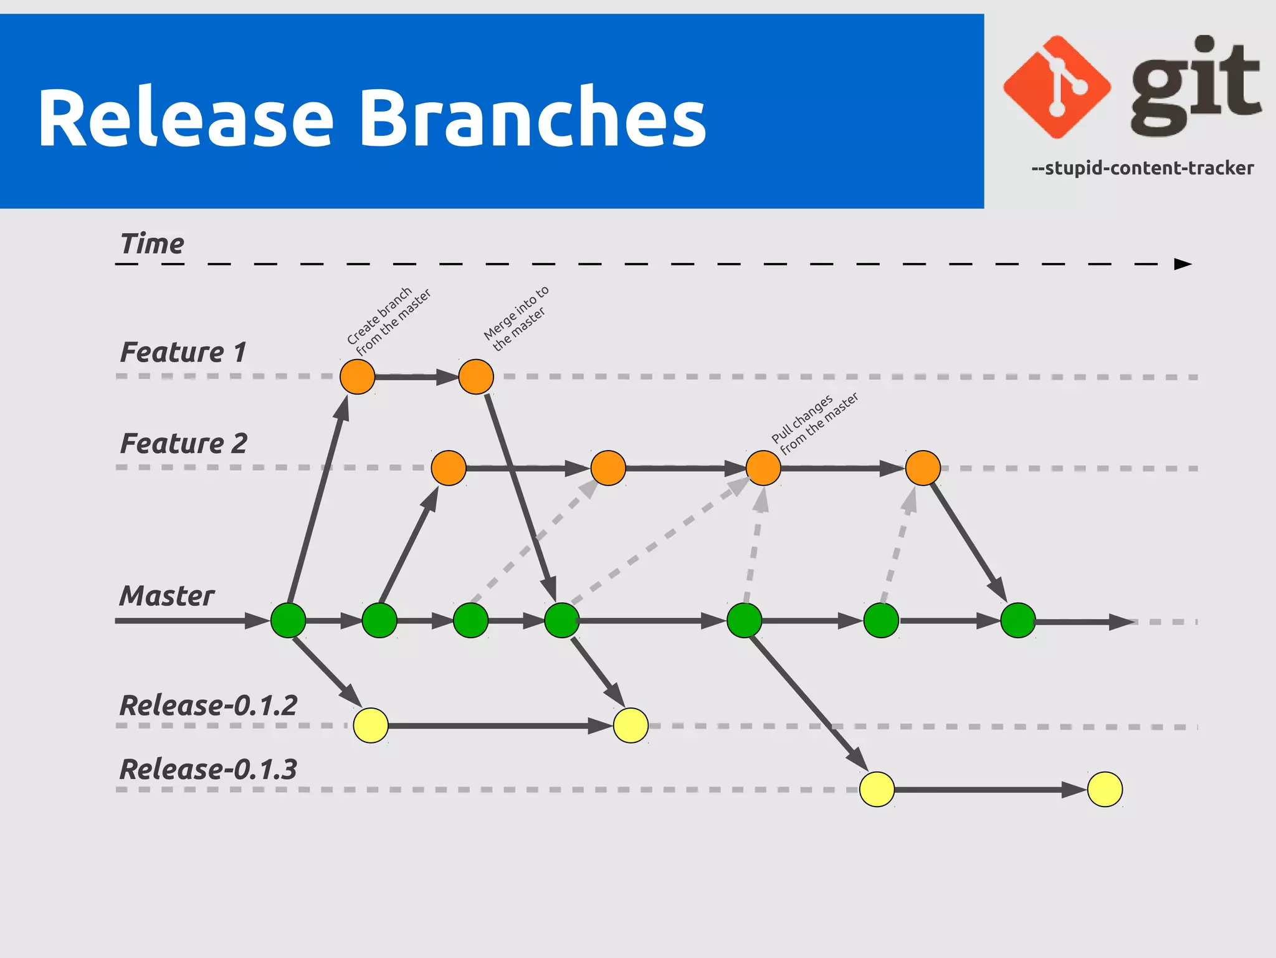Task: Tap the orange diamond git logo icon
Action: pyautogui.click(x=1057, y=87)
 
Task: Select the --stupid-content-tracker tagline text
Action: pyautogui.click(x=1142, y=168)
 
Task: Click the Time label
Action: pyautogui.click(x=152, y=244)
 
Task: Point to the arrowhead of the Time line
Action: pyautogui.click(x=1182, y=264)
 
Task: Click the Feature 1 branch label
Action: pyautogui.click(x=183, y=352)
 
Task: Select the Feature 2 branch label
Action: pyautogui.click(x=183, y=444)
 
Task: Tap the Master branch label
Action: pyautogui.click(x=167, y=596)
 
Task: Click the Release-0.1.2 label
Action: pyautogui.click(x=208, y=706)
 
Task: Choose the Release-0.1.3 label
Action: pyautogui.click(x=208, y=769)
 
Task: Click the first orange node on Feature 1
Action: pyautogui.click(x=357, y=376)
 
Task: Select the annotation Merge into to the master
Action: pyautogui.click(x=517, y=318)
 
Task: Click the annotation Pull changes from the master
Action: pyautogui.click(x=814, y=423)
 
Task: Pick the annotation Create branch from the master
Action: pyautogui.click(x=389, y=321)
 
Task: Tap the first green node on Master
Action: pyautogui.click(x=288, y=620)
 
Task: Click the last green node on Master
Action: pyautogui.click(x=1017, y=620)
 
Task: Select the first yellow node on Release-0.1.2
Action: pyautogui.click(x=371, y=726)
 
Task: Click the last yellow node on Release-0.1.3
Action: pyautogui.click(x=1105, y=789)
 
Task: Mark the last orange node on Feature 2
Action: pyautogui.click(x=923, y=468)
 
